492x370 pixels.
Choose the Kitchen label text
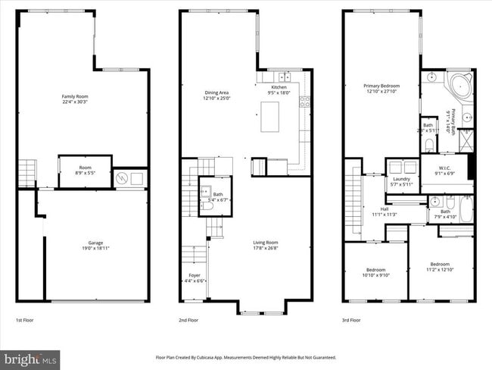pyautogui.click(x=279, y=87)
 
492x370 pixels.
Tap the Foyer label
pyautogui.click(x=195, y=274)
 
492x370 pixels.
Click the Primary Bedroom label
pyautogui.click(x=381, y=86)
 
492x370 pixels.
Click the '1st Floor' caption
pyautogui.click(x=25, y=321)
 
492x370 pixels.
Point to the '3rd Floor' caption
pyautogui.click(x=352, y=321)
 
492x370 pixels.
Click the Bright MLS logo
pyautogui.click(x=30, y=357)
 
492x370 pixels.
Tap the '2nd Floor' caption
pyautogui.click(x=189, y=321)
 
